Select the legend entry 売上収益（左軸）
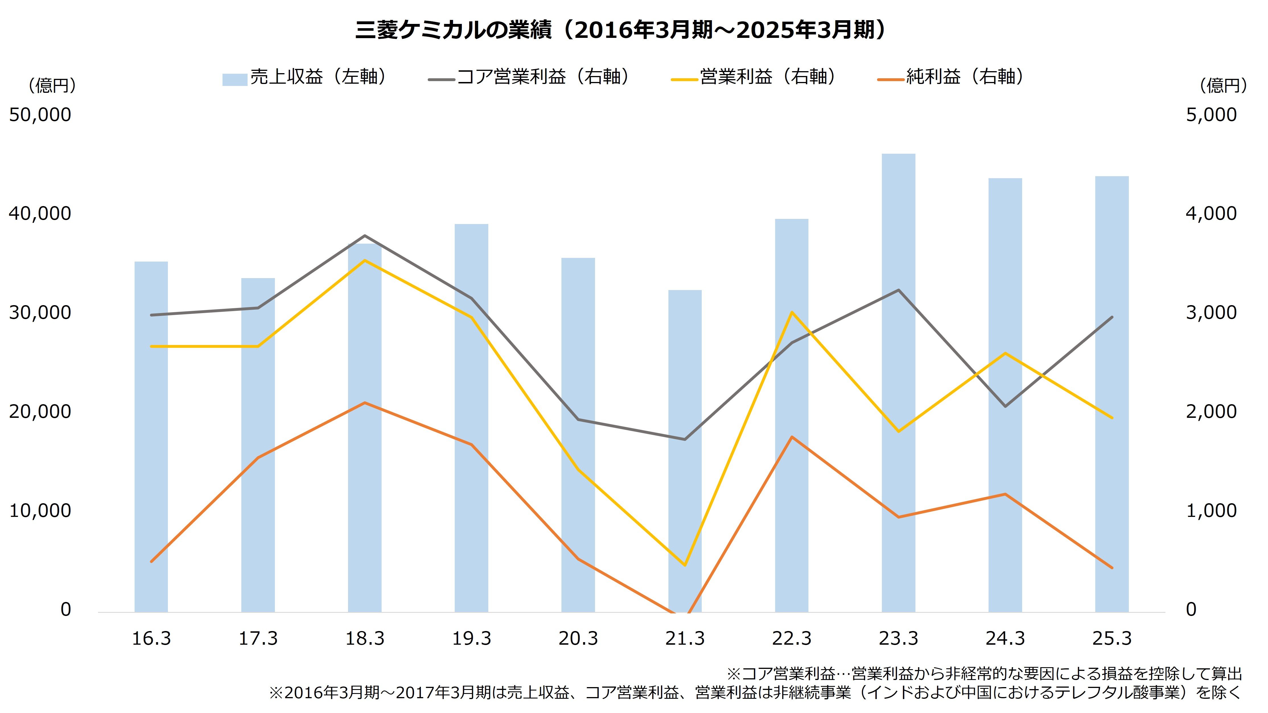click(x=305, y=77)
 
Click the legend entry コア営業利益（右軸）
click(x=529, y=77)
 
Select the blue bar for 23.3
click(x=898, y=384)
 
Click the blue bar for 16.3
click(x=151, y=438)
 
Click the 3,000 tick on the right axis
click(x=1211, y=313)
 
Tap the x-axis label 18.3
click(x=365, y=639)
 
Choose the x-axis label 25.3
click(x=1112, y=639)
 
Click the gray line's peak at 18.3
click(x=365, y=236)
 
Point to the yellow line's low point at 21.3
click(x=685, y=565)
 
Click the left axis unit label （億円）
click(x=52, y=86)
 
